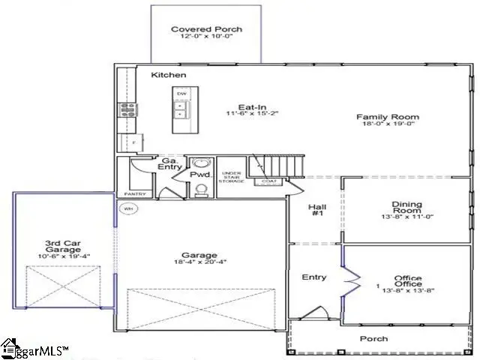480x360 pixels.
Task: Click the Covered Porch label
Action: click(206, 30)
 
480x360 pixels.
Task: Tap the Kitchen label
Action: click(169, 76)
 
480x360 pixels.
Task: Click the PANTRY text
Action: click(135, 194)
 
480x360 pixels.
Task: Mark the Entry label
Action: click(313, 277)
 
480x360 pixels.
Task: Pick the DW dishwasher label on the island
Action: click(181, 94)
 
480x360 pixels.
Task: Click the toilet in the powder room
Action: click(200, 191)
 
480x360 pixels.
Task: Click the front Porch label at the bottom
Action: click(373, 339)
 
